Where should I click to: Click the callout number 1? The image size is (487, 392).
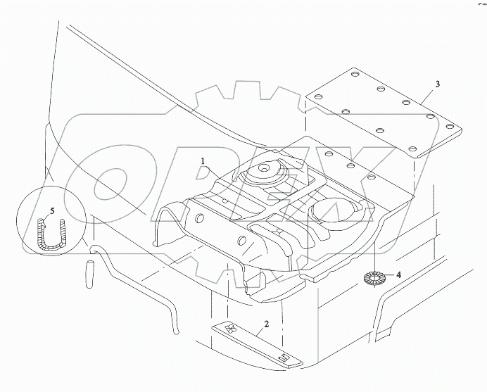pyautogui.click(x=203, y=161)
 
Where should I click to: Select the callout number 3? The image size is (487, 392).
pyautogui.click(x=437, y=84)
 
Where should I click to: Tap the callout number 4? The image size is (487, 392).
pyautogui.click(x=398, y=275)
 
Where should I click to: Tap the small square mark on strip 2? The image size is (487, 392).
pyautogui.click(x=283, y=359)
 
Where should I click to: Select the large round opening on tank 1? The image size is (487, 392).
pyautogui.click(x=331, y=208)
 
